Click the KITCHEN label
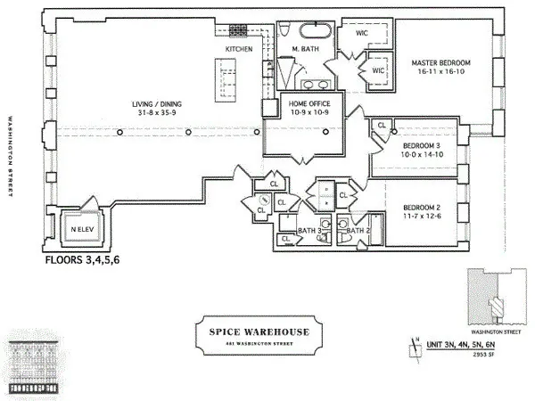click(238, 48)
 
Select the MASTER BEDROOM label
click(440, 63)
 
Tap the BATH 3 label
click(308, 231)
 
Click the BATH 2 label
click(358, 231)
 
